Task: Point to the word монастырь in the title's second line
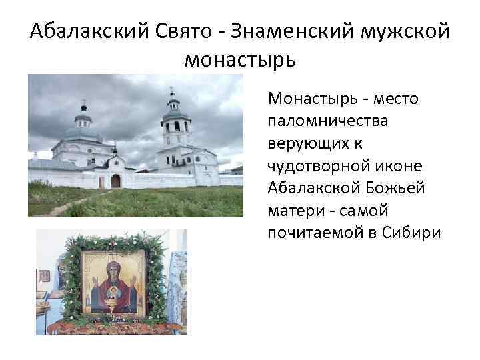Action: [239, 59]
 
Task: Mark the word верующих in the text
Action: [298, 144]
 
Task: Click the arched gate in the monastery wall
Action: [115, 181]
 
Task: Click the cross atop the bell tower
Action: [171, 90]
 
